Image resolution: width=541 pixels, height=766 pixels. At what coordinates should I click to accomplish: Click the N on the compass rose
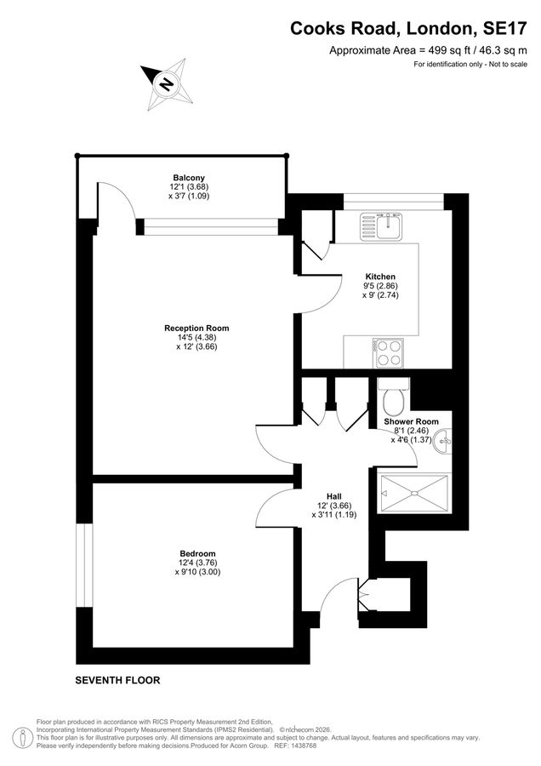167,84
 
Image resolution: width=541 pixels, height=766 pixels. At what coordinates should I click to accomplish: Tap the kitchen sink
381,226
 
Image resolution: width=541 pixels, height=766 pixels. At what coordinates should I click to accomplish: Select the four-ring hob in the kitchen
388,353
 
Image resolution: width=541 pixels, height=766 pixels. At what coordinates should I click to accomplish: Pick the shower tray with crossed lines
413,494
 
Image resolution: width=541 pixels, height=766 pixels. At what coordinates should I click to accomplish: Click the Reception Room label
196,329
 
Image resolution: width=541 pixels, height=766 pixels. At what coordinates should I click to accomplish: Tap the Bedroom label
197,553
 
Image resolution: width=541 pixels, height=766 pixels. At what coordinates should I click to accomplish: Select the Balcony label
189,178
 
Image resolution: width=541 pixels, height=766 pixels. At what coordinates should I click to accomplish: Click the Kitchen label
380,277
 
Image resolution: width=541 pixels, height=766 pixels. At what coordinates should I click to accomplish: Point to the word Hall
334,497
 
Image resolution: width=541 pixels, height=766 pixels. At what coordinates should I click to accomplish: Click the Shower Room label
411,421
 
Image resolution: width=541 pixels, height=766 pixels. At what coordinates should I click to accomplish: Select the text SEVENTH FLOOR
117,680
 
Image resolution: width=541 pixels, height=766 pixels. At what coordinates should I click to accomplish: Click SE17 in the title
505,29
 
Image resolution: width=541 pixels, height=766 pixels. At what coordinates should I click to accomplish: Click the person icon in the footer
22,737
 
